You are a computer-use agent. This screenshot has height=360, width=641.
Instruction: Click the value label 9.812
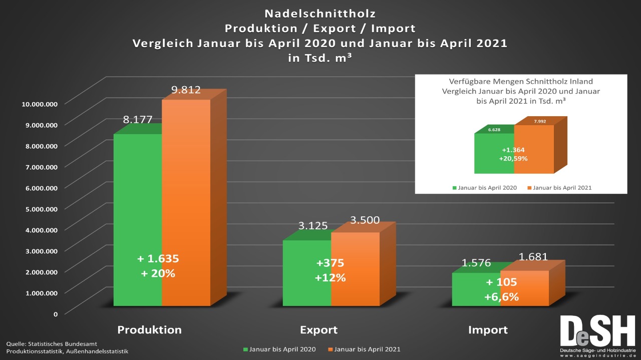tap(186, 90)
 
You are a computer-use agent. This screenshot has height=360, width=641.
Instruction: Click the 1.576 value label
tap(476, 263)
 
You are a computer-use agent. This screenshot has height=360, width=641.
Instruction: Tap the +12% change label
tap(331, 278)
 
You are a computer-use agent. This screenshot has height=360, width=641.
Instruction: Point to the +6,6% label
tap(501, 297)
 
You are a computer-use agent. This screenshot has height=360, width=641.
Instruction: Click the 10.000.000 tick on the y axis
tap(40, 104)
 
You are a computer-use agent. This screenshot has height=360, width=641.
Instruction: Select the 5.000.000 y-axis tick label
tap(40, 208)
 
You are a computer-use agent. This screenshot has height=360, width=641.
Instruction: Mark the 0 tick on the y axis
tap(56, 313)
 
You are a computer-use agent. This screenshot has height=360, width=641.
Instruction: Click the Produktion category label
tap(149, 330)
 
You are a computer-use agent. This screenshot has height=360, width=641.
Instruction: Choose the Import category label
tap(488, 330)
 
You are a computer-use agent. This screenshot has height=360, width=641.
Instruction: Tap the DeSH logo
tap(597, 333)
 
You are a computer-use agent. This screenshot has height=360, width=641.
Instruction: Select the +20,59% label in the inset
tap(513, 158)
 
